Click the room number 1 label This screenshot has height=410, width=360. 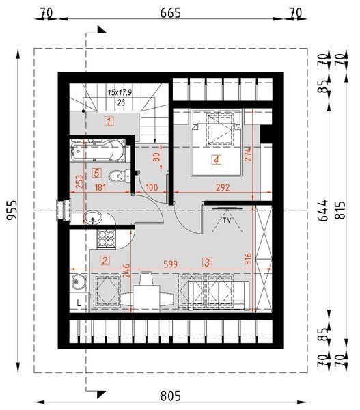pos(108,122)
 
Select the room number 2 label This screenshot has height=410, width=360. pos(104,260)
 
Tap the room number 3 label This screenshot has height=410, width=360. pos(206,261)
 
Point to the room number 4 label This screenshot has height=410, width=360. pos(216,161)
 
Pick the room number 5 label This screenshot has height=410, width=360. pos(98,173)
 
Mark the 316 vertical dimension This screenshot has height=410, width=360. pos(249,260)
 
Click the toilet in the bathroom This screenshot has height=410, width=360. pos(122,175)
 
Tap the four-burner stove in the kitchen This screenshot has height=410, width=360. pos(107,238)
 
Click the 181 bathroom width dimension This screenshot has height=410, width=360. pos(100,187)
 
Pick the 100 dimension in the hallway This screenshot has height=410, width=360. pos(152,187)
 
